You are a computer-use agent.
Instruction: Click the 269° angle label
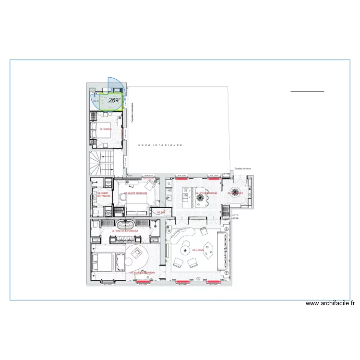click(115, 100)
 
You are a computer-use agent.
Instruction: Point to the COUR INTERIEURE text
click(160, 144)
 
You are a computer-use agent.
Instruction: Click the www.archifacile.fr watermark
click(330, 303)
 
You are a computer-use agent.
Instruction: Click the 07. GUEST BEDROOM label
click(136, 193)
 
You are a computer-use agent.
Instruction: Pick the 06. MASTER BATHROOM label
click(125, 231)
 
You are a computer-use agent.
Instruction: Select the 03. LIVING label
click(198, 250)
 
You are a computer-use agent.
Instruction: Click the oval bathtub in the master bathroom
click(126, 225)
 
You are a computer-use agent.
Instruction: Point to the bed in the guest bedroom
click(136, 207)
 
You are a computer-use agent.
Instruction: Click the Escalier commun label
click(243, 169)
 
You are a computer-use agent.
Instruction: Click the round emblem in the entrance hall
click(236, 192)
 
